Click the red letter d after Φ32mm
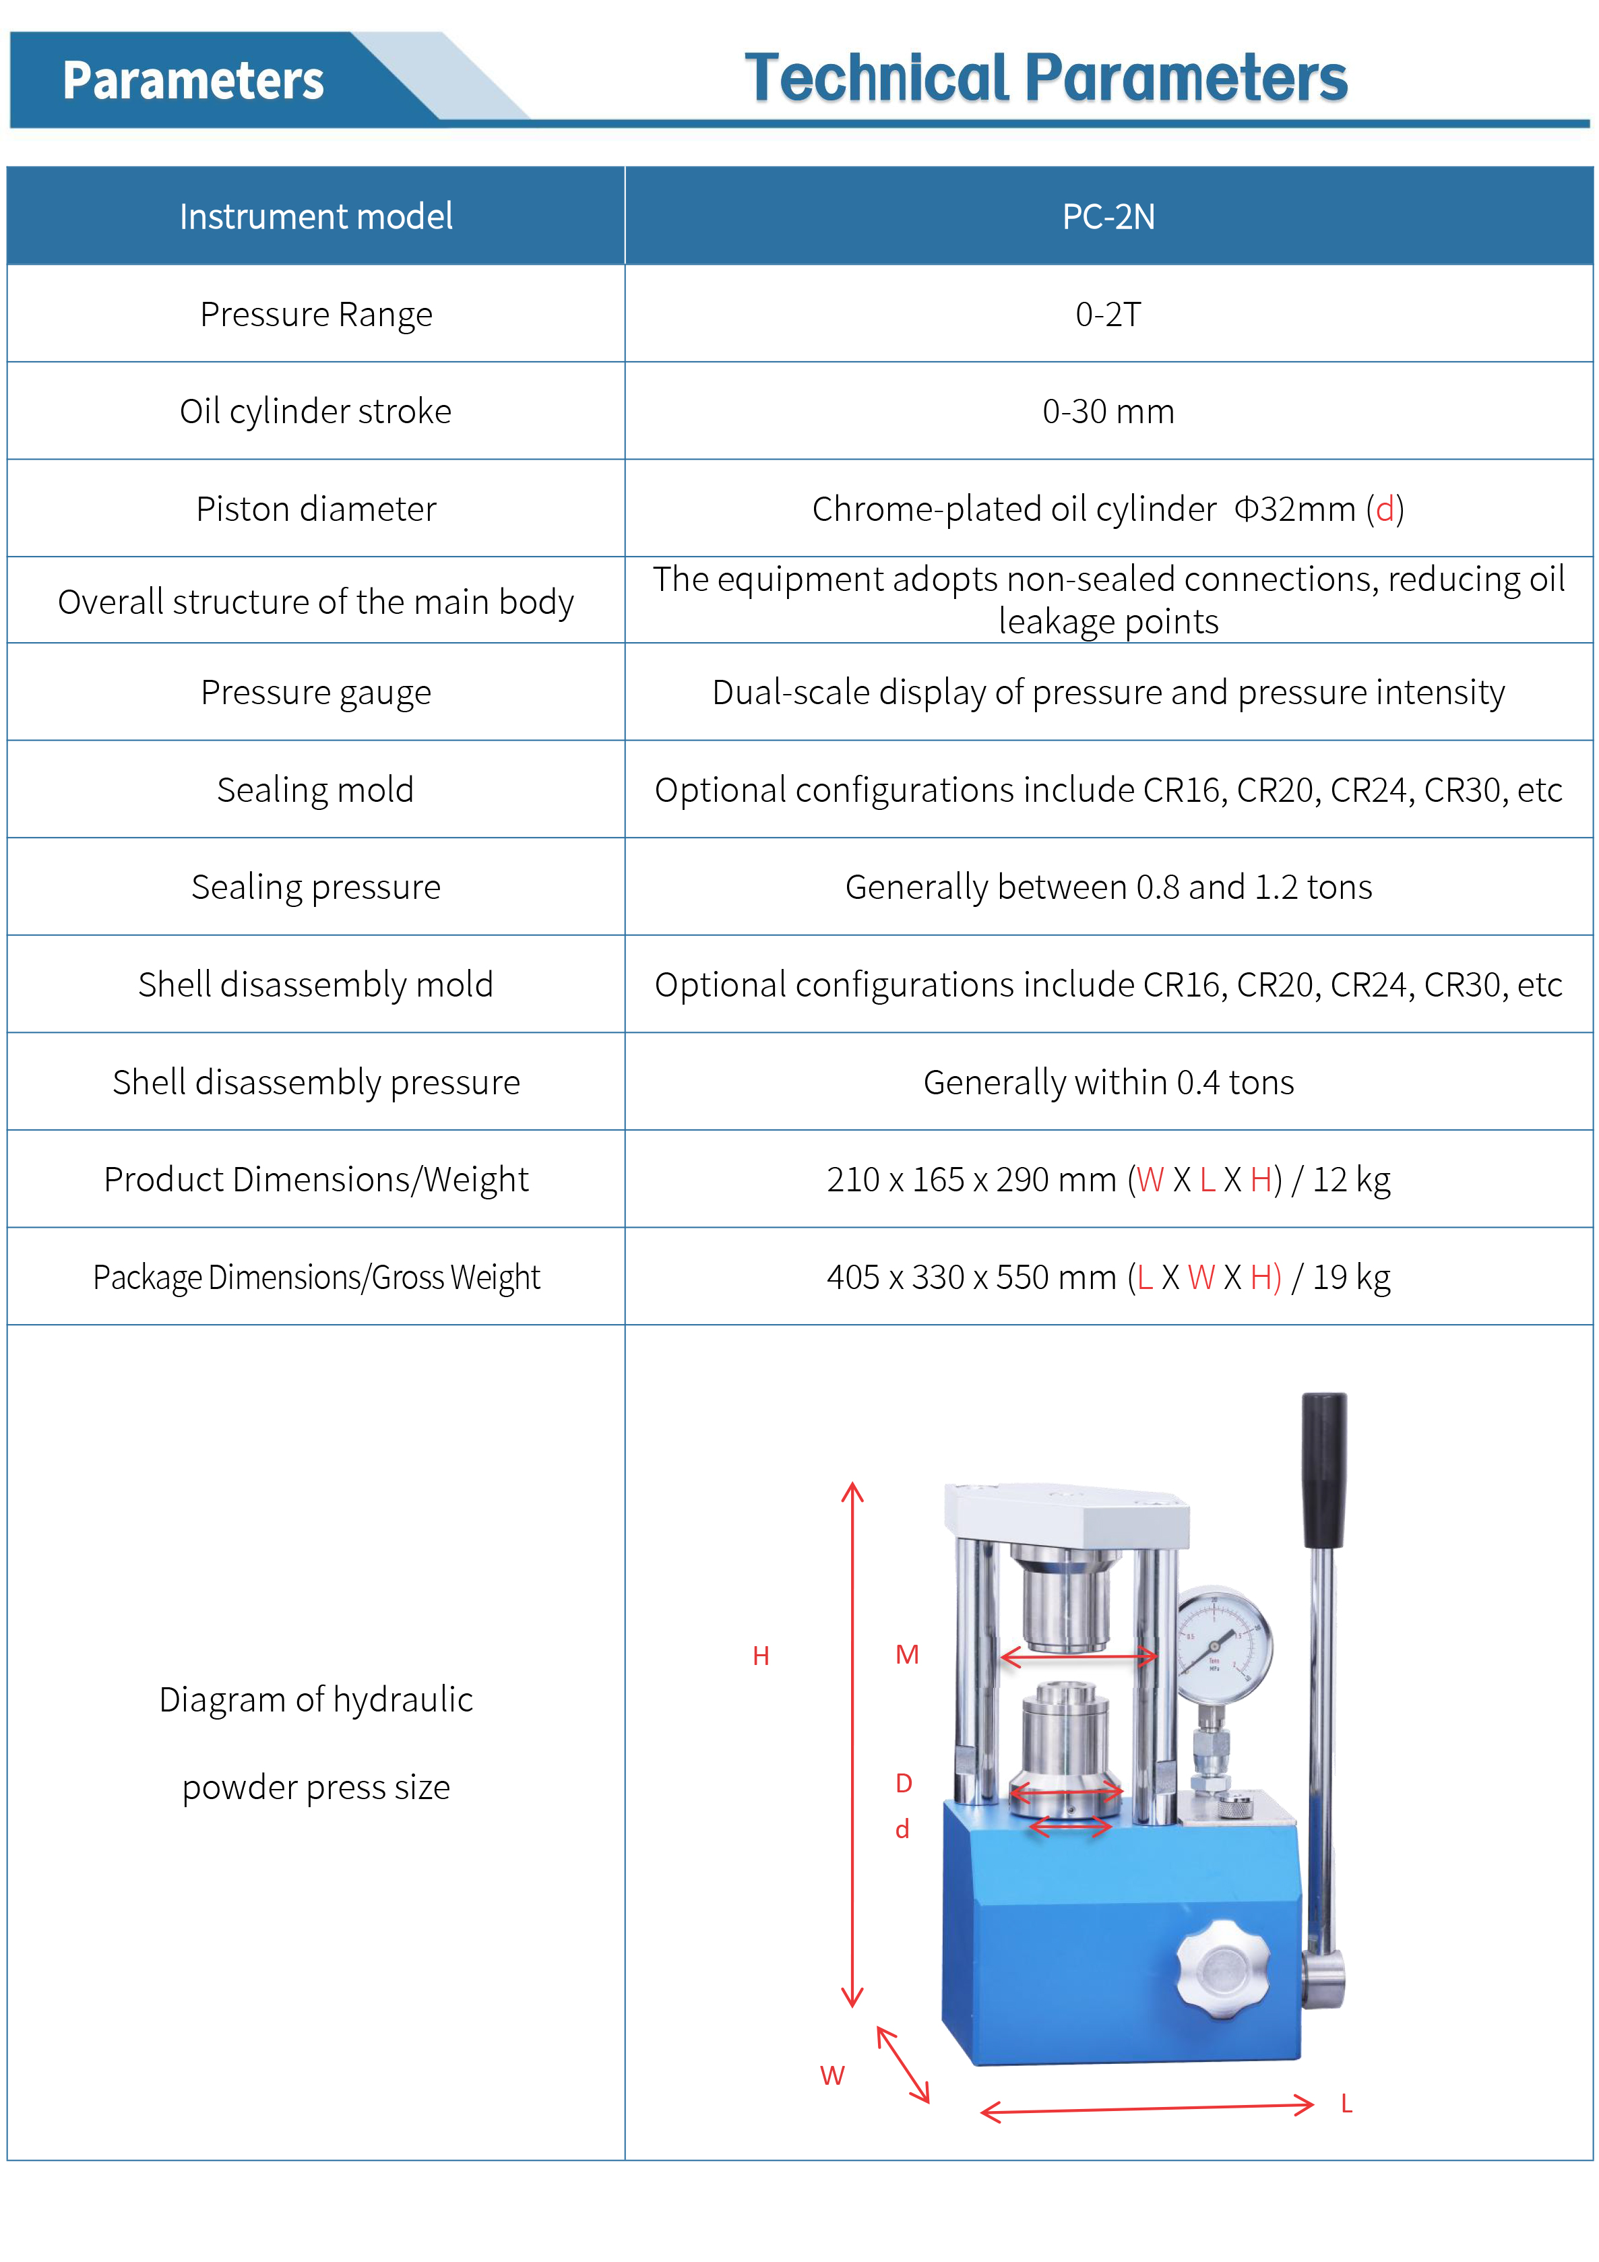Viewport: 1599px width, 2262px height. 1384,509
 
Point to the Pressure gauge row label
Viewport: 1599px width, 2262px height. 315,693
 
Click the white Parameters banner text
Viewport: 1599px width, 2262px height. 193,81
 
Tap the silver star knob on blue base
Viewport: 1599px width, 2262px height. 1222,1968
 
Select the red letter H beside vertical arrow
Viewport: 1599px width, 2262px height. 761,1656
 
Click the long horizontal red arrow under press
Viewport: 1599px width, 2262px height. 1147,2108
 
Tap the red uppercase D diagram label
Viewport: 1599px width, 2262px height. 904,1783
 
